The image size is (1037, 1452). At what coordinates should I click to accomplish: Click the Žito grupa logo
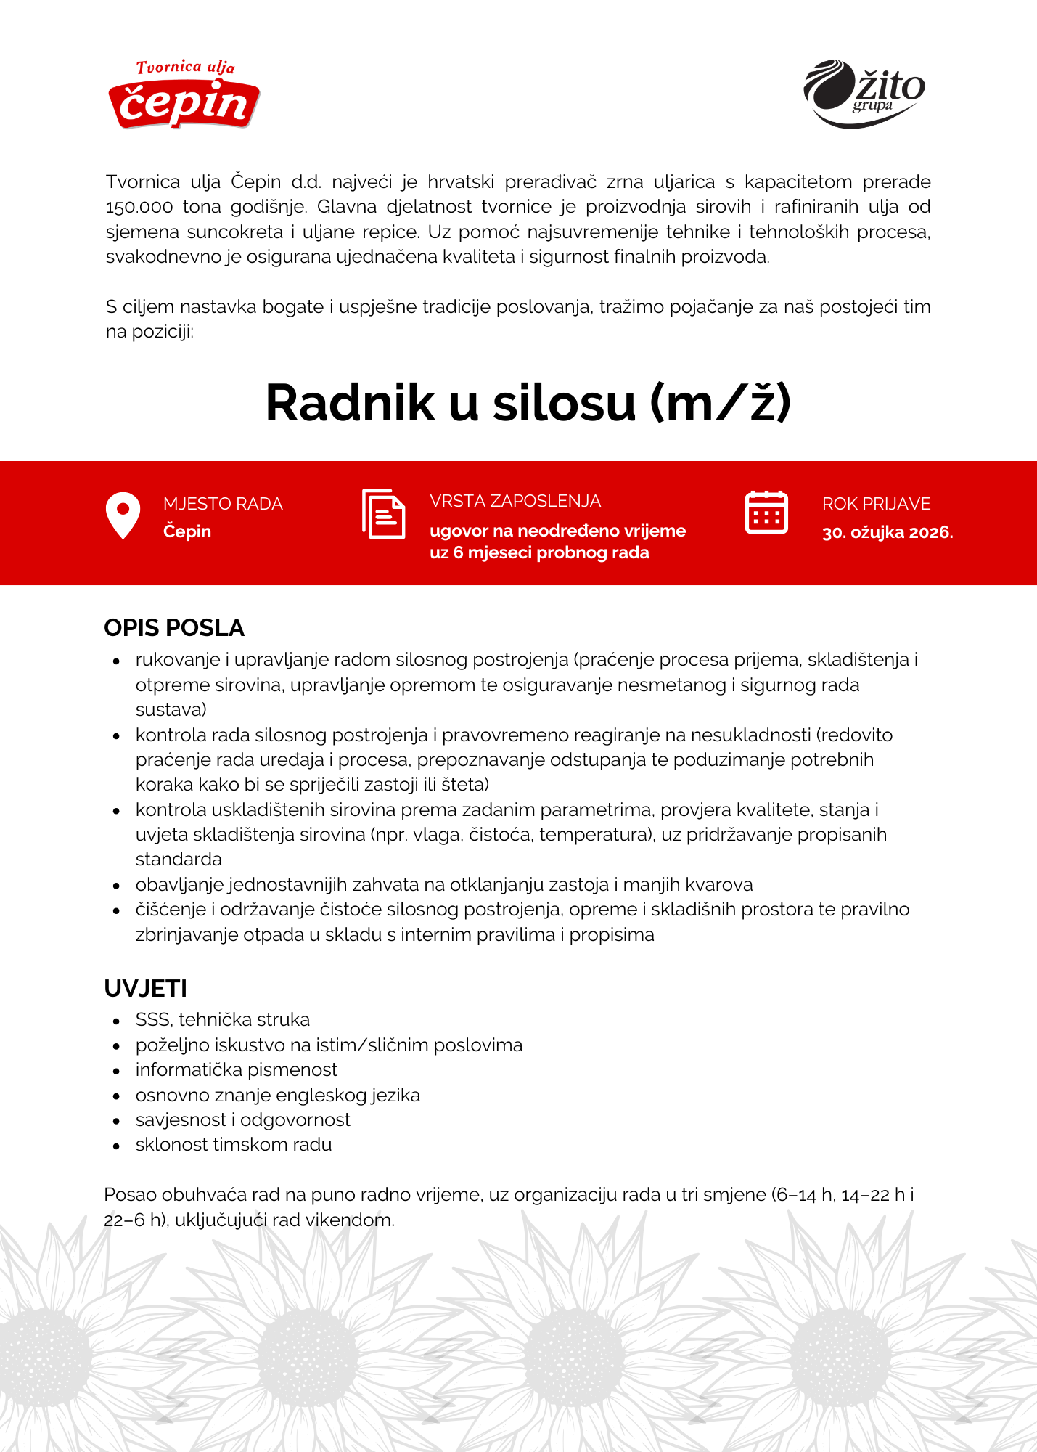point(864,94)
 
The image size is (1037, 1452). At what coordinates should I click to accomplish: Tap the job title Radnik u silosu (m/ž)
point(528,403)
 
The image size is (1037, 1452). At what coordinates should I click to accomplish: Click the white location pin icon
point(123,515)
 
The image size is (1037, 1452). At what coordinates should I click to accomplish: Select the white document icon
point(383,514)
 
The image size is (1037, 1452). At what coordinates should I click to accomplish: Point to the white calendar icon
point(766,513)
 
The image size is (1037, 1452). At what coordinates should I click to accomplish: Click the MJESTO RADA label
point(223,504)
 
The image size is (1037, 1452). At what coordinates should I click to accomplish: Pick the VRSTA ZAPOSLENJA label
point(515,501)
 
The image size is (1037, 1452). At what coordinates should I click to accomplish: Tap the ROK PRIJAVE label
point(876,504)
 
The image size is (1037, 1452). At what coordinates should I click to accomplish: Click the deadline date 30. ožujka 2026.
point(887,532)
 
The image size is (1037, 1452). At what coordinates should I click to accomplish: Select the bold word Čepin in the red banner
point(187,531)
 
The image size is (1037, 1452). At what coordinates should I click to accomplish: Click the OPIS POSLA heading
point(174,628)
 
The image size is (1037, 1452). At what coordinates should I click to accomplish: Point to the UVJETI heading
point(146,989)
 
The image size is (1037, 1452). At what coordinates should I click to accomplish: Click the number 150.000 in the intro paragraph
point(139,207)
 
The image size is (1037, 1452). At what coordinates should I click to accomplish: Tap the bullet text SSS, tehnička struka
point(222,1020)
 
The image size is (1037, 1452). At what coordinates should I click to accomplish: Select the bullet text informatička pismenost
point(236,1070)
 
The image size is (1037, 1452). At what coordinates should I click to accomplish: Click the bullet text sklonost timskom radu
point(233,1145)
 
